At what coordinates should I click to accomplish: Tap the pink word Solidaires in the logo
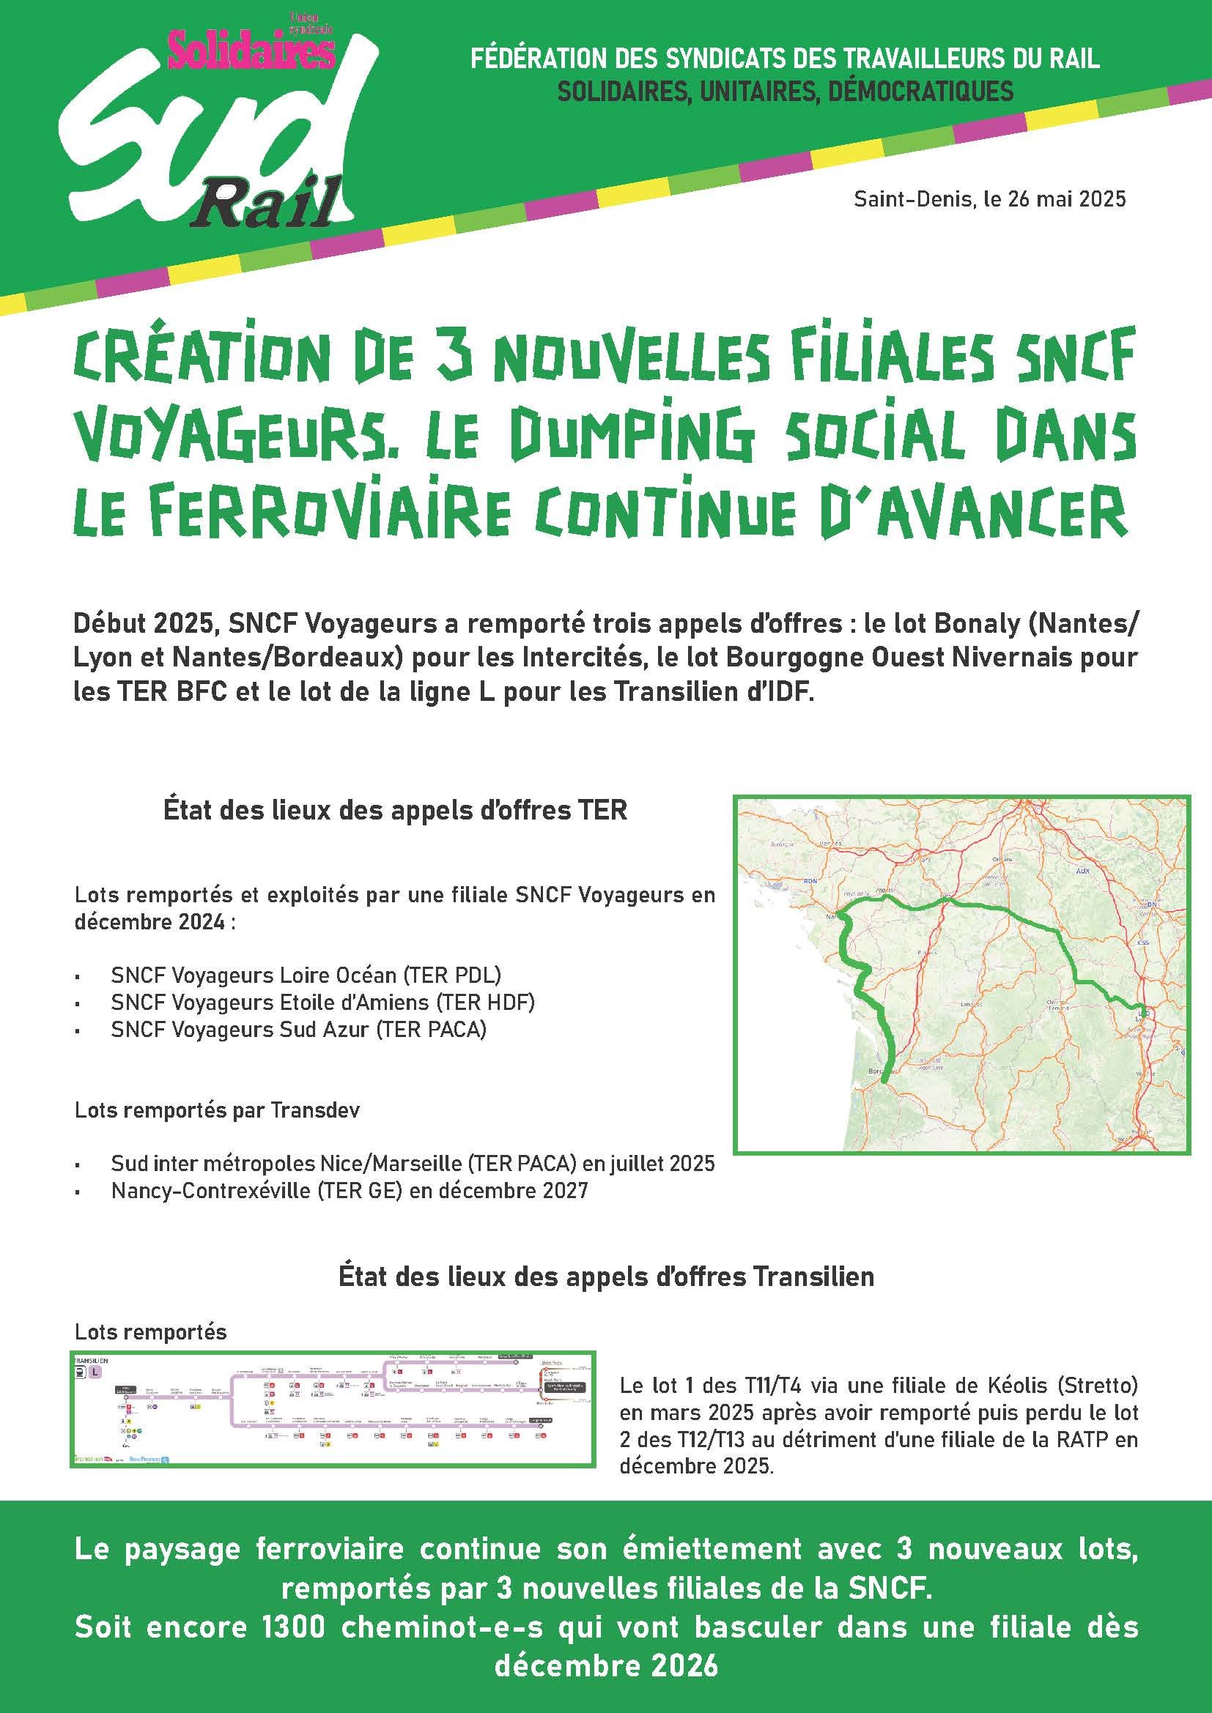coord(251,51)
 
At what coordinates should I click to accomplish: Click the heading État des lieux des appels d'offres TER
coord(395,810)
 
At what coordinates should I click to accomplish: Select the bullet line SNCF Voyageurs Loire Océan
coord(306,975)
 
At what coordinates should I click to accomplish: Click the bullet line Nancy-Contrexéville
coord(350,1190)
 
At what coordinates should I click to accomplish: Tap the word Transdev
coord(315,1110)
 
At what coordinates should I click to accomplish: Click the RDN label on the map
coord(810,881)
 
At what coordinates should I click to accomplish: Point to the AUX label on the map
coord(1083,872)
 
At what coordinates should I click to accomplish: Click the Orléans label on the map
coord(1002,860)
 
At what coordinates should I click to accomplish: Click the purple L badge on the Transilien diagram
coord(95,1372)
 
